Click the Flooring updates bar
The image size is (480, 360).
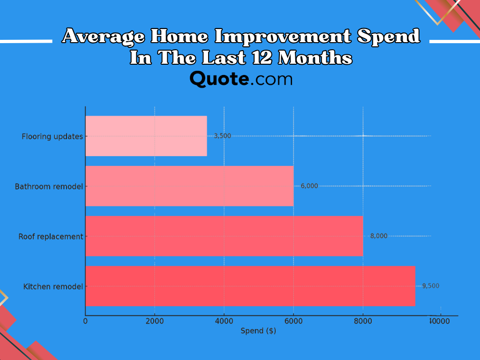point(146,136)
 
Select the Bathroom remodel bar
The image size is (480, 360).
point(189,186)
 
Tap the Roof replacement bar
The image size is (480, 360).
point(225,236)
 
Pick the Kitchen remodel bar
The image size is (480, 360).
point(250,286)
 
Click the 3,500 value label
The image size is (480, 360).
point(222,136)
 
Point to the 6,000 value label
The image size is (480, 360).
point(309,186)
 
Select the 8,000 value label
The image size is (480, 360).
point(379,236)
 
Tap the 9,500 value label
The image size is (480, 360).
point(431,285)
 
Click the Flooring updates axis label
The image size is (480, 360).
point(52,136)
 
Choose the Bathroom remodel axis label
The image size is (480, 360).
point(49,187)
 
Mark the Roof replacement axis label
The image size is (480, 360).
point(51,237)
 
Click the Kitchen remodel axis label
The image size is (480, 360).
point(53,286)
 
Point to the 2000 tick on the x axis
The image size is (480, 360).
point(155,321)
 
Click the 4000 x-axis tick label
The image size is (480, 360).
point(224,321)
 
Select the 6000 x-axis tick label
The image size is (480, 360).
point(293,321)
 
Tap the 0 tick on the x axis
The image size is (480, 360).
point(85,321)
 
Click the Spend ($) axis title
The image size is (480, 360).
point(258,331)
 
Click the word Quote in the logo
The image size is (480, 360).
point(219,79)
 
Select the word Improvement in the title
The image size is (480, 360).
point(283,36)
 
